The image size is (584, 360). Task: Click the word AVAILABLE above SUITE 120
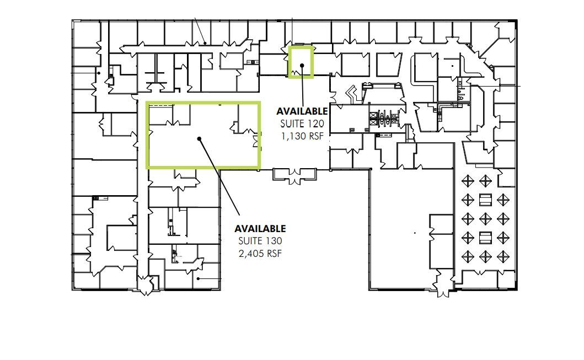point(302,111)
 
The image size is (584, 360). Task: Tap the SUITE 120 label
point(302,123)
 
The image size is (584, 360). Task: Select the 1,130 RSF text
point(302,136)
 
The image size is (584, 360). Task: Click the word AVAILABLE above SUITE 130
point(260,228)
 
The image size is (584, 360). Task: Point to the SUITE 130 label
point(260,241)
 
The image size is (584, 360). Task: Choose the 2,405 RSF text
point(260,254)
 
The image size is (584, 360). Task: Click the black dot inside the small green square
point(302,66)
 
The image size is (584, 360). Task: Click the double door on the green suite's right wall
point(256,141)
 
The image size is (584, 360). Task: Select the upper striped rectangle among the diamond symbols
point(485,200)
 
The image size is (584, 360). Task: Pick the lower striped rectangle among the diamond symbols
point(485,238)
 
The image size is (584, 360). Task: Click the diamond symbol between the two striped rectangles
point(485,219)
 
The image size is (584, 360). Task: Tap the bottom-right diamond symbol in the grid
point(502,256)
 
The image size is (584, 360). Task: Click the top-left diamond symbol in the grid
point(468,181)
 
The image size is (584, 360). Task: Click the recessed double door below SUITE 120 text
point(296,176)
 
